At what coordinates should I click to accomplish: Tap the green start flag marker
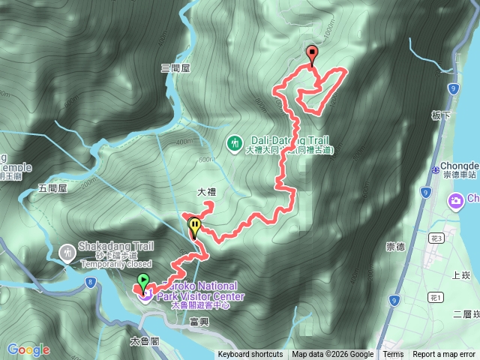142,282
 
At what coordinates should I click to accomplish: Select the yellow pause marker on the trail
195,225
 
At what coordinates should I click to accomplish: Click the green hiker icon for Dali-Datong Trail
235,141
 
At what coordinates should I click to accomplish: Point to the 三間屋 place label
175,68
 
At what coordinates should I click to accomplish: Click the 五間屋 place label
52,188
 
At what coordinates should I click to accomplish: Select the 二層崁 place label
466,314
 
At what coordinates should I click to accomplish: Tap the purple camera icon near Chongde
455,200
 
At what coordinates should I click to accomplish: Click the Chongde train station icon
436,168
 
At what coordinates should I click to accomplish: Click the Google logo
28,349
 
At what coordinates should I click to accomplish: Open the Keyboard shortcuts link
250,355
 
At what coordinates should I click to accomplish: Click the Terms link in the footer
393,355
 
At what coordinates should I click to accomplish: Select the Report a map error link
445,355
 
